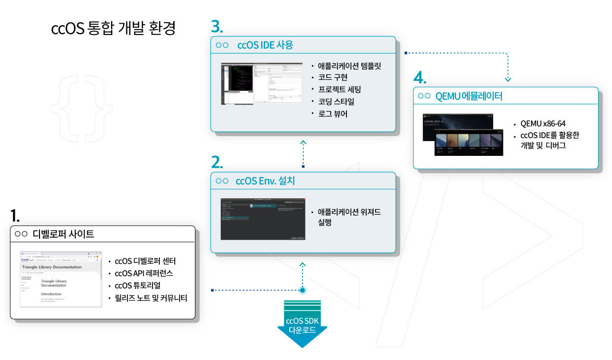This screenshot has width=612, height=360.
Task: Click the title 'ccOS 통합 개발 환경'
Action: click(x=114, y=29)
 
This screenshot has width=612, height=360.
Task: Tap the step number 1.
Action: click(x=15, y=216)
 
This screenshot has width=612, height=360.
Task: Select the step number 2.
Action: click(x=217, y=162)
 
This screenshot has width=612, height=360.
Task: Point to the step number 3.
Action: click(x=217, y=26)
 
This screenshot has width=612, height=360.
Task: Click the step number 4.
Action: click(x=420, y=78)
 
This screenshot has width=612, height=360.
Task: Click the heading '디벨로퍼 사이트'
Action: click(x=63, y=234)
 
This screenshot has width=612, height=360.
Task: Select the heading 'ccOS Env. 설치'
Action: click(x=265, y=180)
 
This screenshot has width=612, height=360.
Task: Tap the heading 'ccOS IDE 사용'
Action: click(x=265, y=45)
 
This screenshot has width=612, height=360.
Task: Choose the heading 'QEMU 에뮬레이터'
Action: click(x=469, y=96)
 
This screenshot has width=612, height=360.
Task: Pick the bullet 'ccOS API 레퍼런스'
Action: click(x=144, y=273)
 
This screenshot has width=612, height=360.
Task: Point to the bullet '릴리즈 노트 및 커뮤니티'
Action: click(x=151, y=298)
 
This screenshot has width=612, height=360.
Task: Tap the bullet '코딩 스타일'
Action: click(x=336, y=102)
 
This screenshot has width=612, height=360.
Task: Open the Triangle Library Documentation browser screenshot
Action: click(x=61, y=279)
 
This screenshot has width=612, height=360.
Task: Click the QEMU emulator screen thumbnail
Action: click(x=463, y=134)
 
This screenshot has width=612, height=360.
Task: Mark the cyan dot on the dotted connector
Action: click(x=303, y=290)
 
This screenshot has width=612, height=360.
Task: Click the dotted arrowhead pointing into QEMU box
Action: click(x=508, y=79)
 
